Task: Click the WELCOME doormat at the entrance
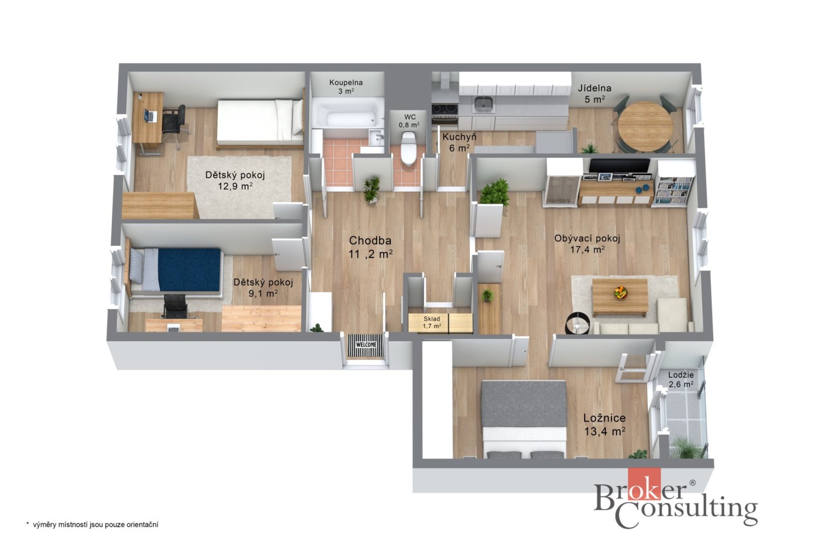[x=366, y=344]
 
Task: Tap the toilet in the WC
[x=408, y=148]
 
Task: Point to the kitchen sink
[x=483, y=103]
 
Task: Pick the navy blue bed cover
[x=189, y=270]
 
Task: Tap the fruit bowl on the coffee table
[x=621, y=293]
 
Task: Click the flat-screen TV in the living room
[x=620, y=166]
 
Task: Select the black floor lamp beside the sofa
[x=577, y=323]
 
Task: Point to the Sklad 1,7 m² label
[x=432, y=322]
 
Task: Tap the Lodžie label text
[x=681, y=375]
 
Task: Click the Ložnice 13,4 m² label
[x=605, y=424]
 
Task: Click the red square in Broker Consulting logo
[x=644, y=484]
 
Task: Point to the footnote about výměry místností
[x=92, y=525]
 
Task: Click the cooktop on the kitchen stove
[x=445, y=109]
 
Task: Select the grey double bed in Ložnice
[x=524, y=420]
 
